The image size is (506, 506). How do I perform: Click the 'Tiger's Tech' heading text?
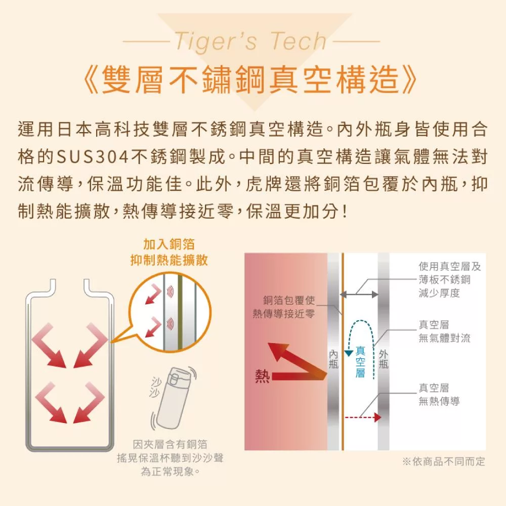click(251, 41)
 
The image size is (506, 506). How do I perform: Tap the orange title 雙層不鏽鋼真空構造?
click(250, 79)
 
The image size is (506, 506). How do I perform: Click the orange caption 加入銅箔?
click(169, 244)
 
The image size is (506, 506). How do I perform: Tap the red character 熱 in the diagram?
click(262, 376)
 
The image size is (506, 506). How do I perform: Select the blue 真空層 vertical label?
click(360, 362)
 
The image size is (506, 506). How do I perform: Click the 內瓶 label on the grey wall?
click(333, 359)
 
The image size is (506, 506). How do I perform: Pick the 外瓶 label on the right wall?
click(384, 359)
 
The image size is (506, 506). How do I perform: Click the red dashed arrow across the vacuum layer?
click(363, 417)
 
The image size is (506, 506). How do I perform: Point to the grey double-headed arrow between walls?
click(359, 294)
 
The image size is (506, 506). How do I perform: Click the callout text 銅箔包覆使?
click(289, 300)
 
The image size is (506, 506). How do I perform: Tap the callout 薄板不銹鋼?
click(444, 279)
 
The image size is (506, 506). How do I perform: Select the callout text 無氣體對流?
click(444, 338)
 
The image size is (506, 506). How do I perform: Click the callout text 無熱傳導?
click(439, 401)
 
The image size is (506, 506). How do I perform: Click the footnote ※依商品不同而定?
click(444, 461)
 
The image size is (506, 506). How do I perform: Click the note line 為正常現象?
click(170, 472)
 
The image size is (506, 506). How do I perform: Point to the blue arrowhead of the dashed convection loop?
click(349, 353)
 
